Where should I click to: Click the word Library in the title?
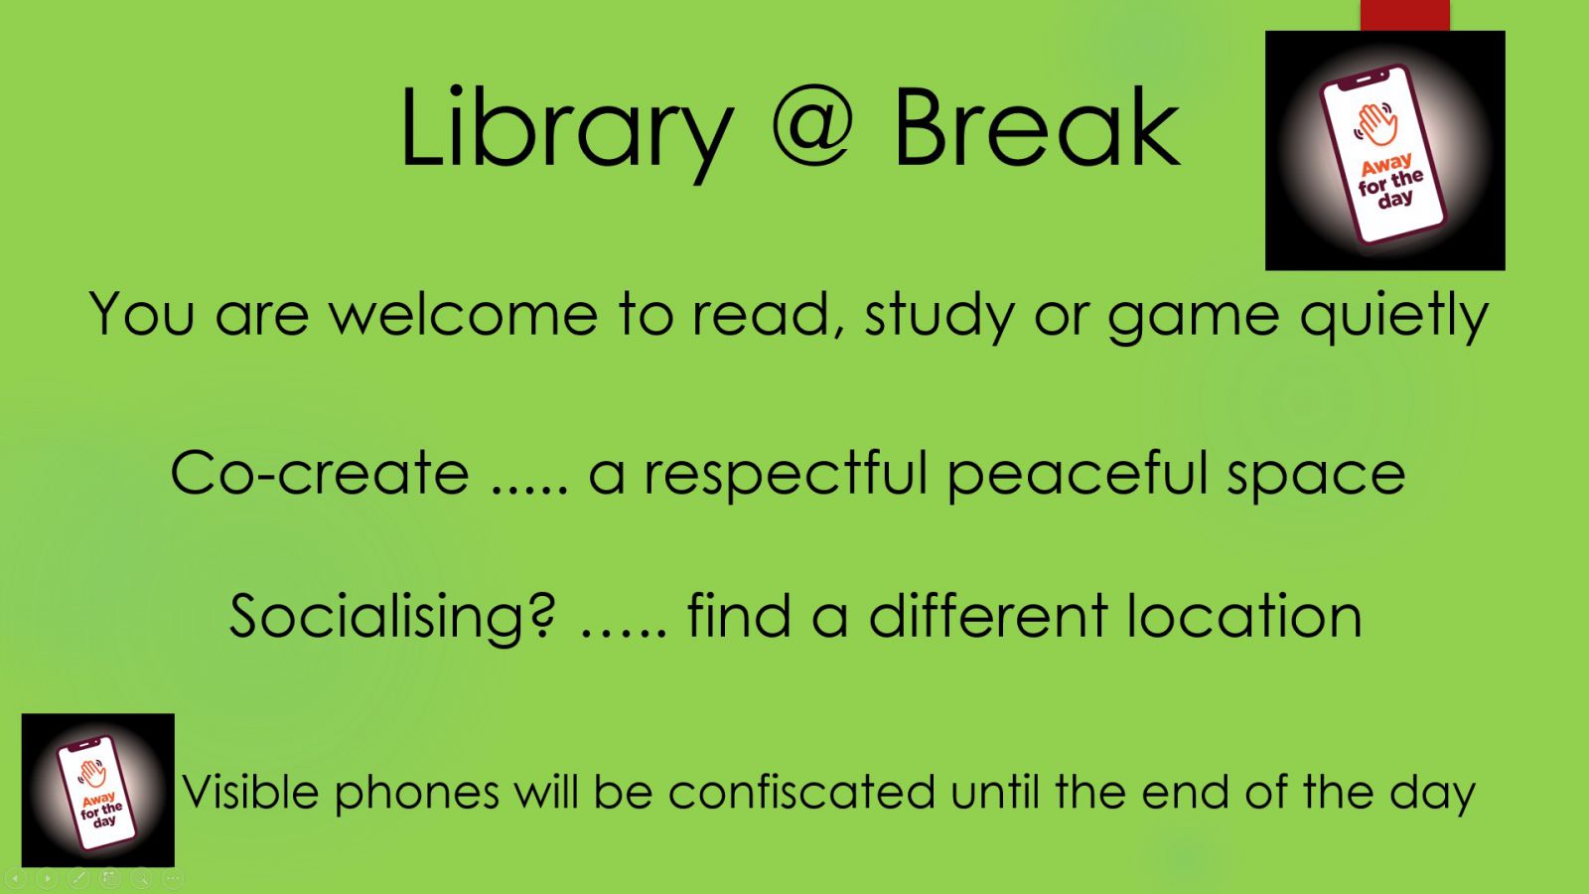click(566, 131)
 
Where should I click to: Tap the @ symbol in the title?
click(812, 128)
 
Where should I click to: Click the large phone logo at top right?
click(1384, 150)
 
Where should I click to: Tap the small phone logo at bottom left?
click(98, 790)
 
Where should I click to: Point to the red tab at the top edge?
click(1404, 15)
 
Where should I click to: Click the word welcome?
click(464, 314)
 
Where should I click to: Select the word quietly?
click(1394, 317)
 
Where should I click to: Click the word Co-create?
click(319, 473)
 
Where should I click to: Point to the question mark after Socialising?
click(542, 614)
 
